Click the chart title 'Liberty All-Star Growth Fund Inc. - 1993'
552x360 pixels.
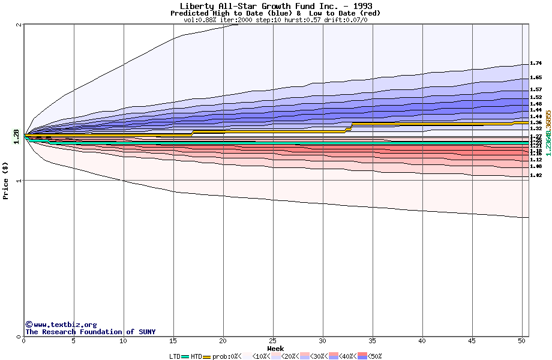point(276,7)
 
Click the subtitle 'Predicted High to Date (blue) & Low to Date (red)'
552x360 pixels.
point(275,13)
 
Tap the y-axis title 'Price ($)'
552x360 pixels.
point(5,181)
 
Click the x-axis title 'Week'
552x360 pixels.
point(275,349)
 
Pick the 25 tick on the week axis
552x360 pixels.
point(273,341)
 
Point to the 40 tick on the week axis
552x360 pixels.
point(422,341)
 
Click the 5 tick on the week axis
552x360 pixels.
point(73,341)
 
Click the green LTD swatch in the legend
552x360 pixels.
point(185,356)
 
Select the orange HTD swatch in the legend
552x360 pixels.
point(207,356)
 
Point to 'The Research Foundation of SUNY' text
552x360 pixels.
point(90,332)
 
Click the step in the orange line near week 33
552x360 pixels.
point(351,126)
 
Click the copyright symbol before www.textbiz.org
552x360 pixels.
point(28,325)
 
